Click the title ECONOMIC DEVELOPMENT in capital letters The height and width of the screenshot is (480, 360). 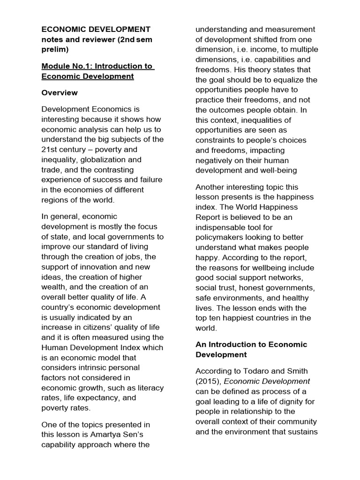pyautogui.click(x=96, y=29)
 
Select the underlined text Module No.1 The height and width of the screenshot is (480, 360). pyautogui.click(x=66, y=66)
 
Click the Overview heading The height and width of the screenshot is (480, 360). pyautogui.click(x=60, y=93)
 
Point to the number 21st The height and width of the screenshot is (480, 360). pyautogui.click(x=50, y=150)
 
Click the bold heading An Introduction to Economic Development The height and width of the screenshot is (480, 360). pyautogui.click(x=251, y=350)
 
